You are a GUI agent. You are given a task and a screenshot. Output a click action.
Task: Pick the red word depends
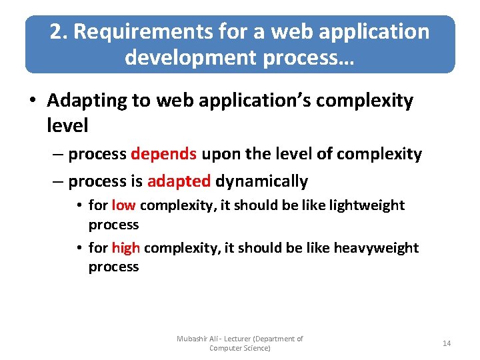[163, 154]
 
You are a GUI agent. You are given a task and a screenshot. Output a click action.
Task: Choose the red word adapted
[179, 181]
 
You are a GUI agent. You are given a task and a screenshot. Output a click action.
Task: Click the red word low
[123, 205]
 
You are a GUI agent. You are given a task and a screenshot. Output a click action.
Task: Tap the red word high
[125, 248]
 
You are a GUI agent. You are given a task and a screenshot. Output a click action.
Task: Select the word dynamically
[261, 181]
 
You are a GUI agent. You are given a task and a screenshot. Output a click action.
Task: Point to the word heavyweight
[376, 248]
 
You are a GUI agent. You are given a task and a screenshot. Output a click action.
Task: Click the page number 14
[447, 343]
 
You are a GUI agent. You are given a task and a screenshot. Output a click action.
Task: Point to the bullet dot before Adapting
[33, 101]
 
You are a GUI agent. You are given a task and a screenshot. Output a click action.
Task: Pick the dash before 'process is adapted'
[57, 181]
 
